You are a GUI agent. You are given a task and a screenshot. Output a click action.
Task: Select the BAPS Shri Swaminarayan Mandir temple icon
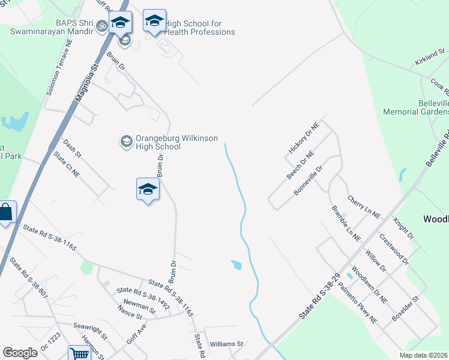(101, 26)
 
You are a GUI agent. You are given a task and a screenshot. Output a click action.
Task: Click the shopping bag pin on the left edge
(6, 212)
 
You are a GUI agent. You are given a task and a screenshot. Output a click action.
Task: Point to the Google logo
(20, 353)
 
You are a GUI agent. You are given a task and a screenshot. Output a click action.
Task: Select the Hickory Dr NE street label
(303, 139)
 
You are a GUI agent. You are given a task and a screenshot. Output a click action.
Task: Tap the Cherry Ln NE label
(364, 206)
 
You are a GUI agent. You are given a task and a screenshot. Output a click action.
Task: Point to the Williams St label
(226, 344)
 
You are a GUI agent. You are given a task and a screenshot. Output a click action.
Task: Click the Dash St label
(71, 148)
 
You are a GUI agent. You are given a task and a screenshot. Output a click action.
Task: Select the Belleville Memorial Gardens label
(425, 107)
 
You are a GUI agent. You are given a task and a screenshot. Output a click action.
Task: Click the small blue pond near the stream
(237, 264)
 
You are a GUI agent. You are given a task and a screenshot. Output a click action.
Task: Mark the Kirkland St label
(429, 59)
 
